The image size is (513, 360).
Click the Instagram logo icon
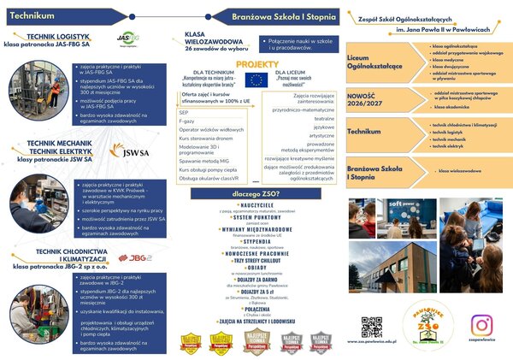coord(482,325)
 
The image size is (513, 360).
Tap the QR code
coord(371,327)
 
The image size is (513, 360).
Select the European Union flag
coord(256,80)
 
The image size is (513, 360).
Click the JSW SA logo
coord(129,151)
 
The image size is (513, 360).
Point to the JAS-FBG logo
coord(127,39)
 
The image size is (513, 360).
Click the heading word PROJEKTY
coord(257,64)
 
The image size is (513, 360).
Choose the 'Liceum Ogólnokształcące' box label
coord(369,62)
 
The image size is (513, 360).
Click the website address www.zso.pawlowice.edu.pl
coord(372,342)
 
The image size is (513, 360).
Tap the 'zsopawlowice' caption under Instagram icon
coord(482,342)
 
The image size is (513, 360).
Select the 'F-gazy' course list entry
coord(186,121)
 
